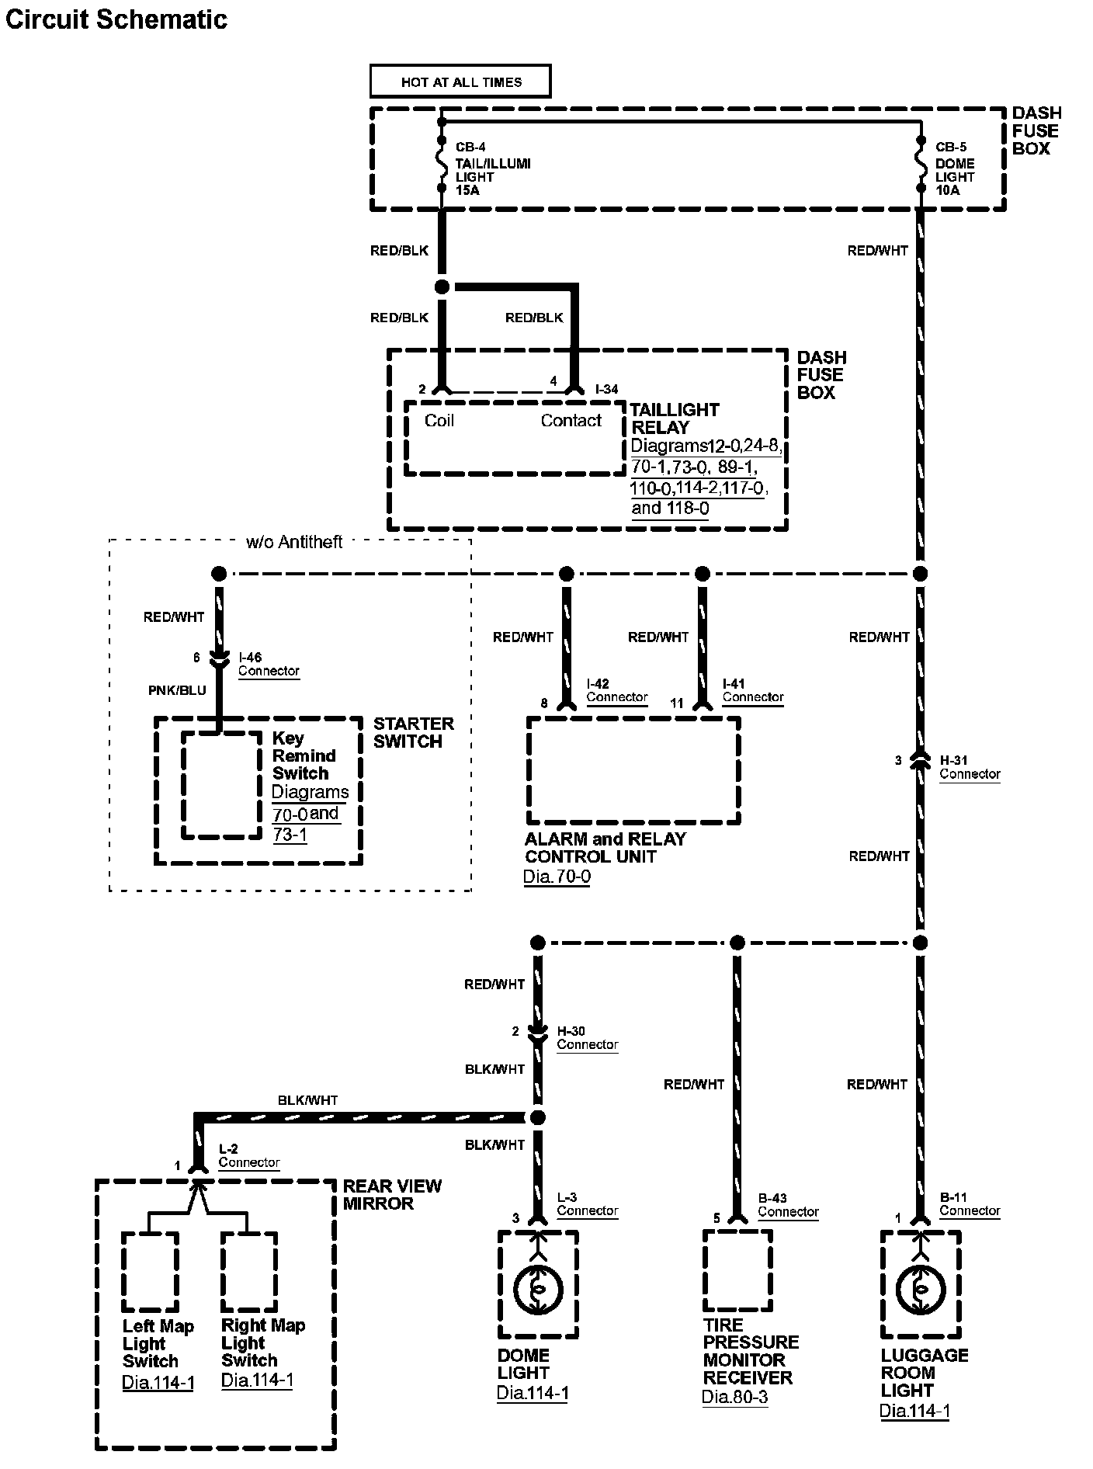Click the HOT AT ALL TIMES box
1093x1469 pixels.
460,82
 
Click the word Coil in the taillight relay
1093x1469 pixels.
439,421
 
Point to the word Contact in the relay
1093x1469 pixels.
571,421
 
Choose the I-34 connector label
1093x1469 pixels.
606,389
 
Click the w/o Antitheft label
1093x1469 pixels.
294,542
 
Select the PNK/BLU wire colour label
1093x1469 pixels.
177,690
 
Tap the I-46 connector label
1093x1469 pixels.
250,658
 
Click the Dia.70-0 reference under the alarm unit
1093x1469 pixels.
557,877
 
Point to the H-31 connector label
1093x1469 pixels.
954,760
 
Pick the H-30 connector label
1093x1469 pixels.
571,1031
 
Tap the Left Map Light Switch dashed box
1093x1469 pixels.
151,1272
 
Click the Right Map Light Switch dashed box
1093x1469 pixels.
249,1272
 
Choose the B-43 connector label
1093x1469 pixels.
772,1198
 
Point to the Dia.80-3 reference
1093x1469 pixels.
734,1398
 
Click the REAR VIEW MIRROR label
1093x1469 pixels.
392,1195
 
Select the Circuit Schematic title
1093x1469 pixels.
116,19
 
